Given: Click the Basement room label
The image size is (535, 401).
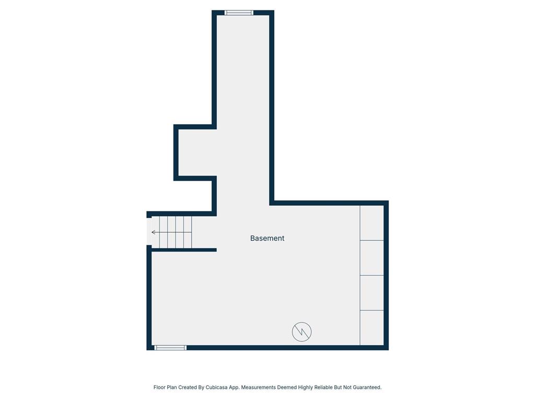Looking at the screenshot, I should [267, 238].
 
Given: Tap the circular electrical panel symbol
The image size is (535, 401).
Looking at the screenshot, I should [301, 332].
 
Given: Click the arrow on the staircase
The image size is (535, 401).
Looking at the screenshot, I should [155, 232].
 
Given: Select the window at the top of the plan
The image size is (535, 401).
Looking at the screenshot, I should [239, 13].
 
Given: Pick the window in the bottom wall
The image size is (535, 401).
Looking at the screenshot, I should [170, 347].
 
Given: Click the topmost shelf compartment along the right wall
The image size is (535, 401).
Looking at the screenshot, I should [371, 223].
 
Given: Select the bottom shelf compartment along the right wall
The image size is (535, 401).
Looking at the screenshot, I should [371, 327].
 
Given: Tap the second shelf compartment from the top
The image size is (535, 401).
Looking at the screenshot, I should [371, 257].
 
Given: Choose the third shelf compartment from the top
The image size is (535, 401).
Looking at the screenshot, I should [371, 292].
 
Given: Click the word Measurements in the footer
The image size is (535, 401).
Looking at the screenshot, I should [258, 387].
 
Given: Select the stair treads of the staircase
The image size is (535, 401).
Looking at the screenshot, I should [176, 232].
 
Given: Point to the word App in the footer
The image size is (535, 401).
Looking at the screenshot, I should [234, 387].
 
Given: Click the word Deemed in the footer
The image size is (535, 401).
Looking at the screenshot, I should [286, 387].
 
